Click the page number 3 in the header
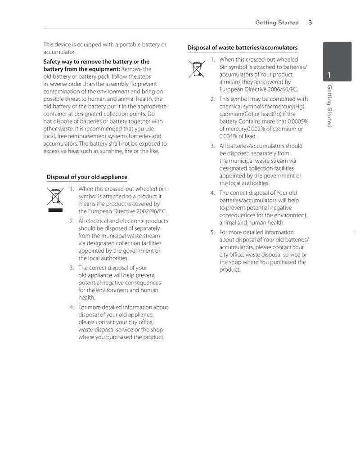pyautogui.click(x=310, y=22)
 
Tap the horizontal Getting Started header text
pyautogui.click(x=277, y=22)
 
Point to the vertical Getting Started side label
pyautogui.click(x=329, y=106)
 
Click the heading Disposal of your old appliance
pyautogui.click(x=87, y=177)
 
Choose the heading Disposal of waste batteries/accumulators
pyautogui.click(x=242, y=48)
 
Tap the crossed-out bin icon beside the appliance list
pyautogui.click(x=55, y=197)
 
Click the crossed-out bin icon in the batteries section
pyautogui.click(x=197, y=68)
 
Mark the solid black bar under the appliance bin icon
pyautogui.click(x=55, y=210)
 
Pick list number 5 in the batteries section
pyautogui.click(x=213, y=233)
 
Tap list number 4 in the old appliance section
pyautogui.click(x=72, y=308)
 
